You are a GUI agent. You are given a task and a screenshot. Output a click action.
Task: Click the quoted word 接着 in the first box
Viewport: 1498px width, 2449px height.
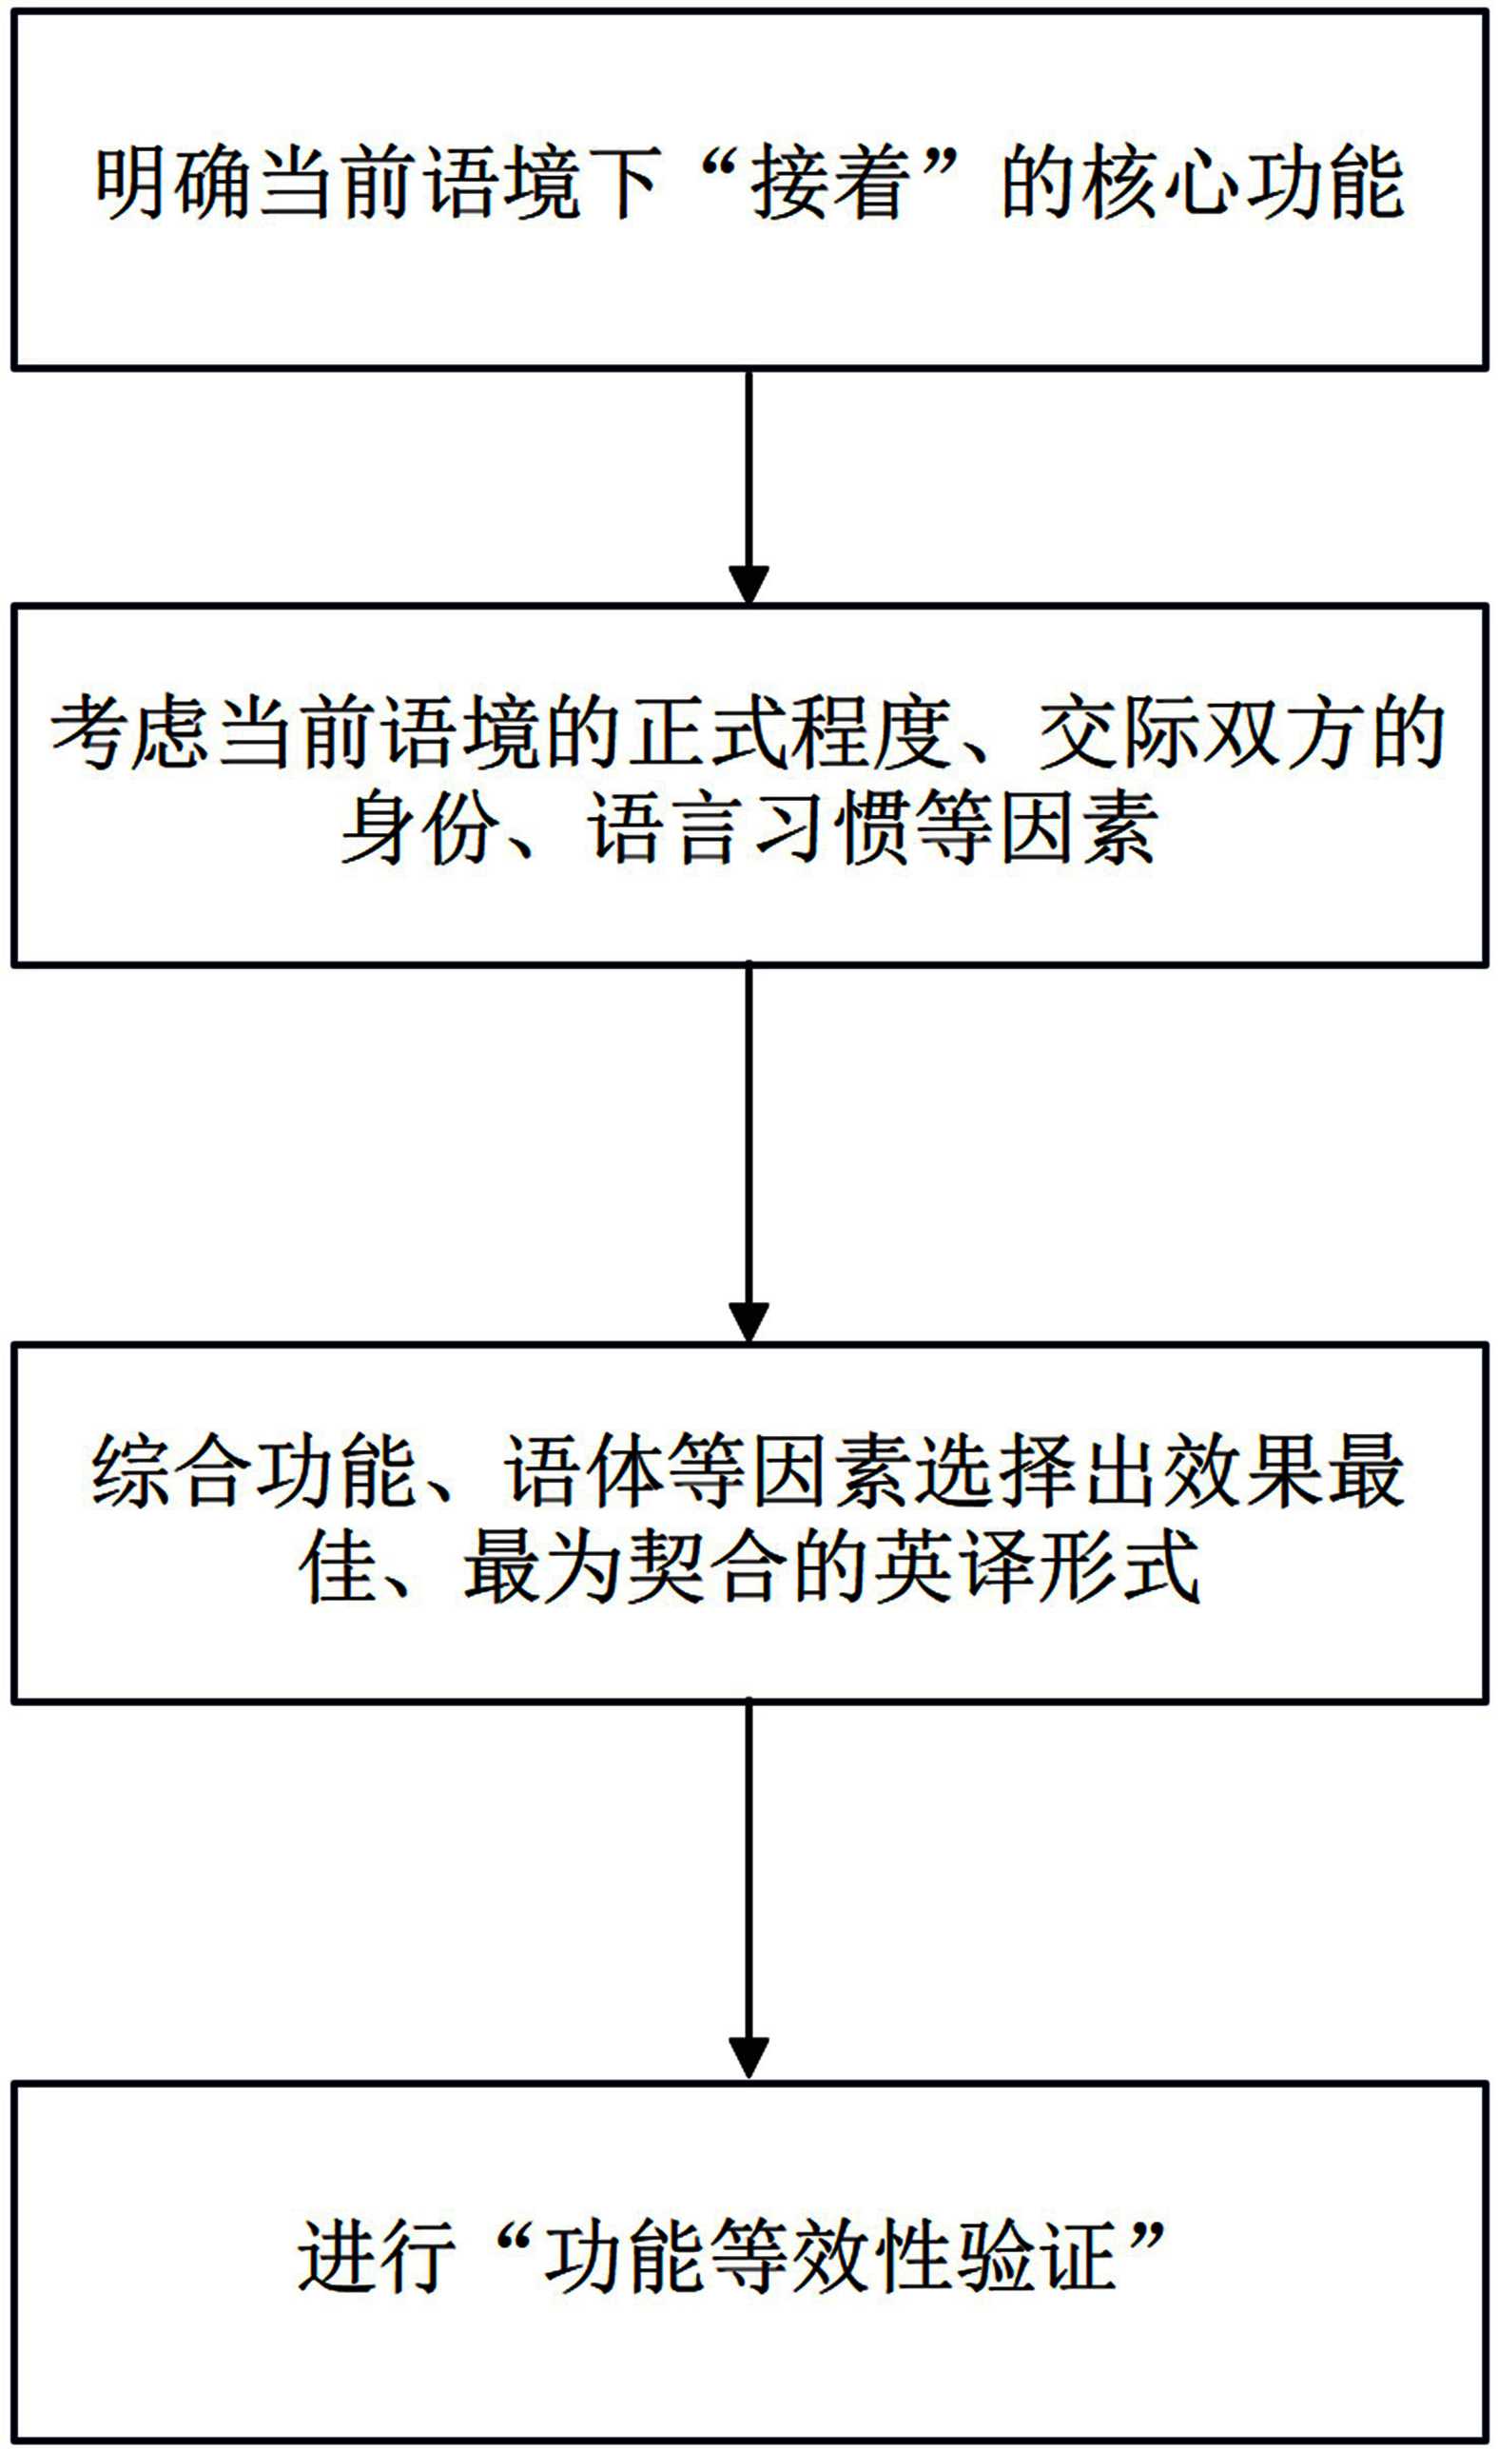825,185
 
